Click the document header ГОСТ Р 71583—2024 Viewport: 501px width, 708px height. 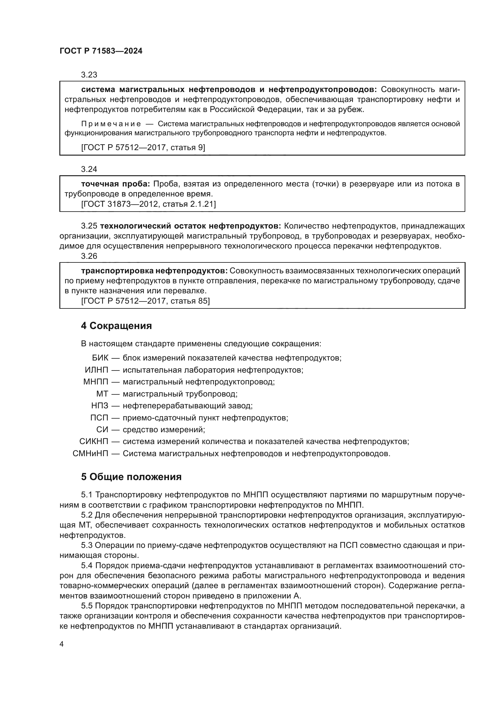point(101,51)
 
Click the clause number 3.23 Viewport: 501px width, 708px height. point(89,75)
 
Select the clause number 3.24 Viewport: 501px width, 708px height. point(89,169)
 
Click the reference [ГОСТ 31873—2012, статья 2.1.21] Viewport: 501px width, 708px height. point(148,204)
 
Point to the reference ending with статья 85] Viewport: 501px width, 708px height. point(145,301)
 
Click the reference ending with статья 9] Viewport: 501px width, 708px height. point(143,147)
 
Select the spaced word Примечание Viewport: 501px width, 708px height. point(111,124)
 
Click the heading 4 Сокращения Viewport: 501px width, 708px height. point(116,326)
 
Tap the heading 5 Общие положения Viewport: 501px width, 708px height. point(131,477)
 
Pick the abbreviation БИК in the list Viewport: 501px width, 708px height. point(100,358)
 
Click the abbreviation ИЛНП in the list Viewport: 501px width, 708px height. point(97,370)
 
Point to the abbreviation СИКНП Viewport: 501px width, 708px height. point(94,442)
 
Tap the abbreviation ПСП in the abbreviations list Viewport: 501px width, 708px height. point(99,418)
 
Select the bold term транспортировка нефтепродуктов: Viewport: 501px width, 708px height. point(154,271)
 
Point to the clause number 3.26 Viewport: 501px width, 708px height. point(89,256)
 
